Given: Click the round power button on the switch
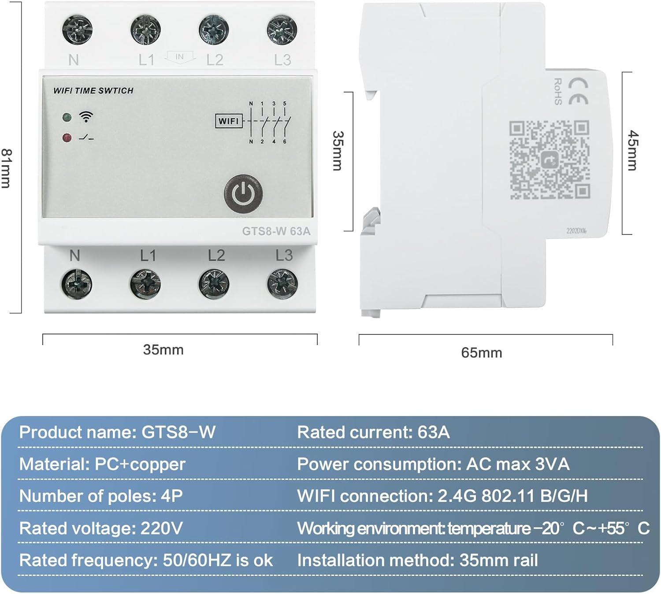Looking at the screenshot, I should [x=243, y=193].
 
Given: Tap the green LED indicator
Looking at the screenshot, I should [x=67, y=117].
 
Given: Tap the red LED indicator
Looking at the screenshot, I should [x=67, y=138].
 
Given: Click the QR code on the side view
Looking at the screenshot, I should [x=550, y=160].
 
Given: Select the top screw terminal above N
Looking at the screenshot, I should [x=77, y=30].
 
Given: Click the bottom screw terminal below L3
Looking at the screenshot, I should [x=282, y=284].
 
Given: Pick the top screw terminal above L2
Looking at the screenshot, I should [x=214, y=30].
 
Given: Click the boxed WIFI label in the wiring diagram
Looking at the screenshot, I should [x=229, y=121].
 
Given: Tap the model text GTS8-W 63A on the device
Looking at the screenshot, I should [x=276, y=231].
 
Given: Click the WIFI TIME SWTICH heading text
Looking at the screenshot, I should [x=93, y=91].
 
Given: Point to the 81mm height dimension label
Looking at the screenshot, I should [x=6, y=168].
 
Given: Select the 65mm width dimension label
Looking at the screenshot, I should [x=482, y=353].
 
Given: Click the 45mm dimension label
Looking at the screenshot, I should [x=632, y=150].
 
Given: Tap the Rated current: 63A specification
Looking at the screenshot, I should [x=373, y=432].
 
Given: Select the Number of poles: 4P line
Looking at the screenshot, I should [x=101, y=496].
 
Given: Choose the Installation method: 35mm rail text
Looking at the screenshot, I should [x=417, y=561].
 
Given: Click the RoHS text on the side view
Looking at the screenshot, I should [x=558, y=91].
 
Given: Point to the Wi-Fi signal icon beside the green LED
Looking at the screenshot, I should [x=86, y=117].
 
